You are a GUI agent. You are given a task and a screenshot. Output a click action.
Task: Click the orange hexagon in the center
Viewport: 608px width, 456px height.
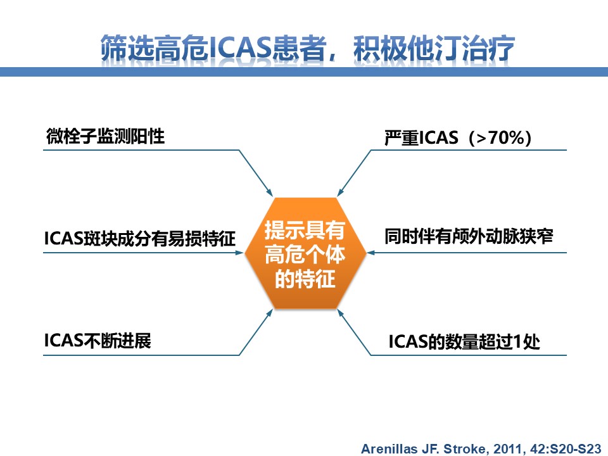[x=305, y=253]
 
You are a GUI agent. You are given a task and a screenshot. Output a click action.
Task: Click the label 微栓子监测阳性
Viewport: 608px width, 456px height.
[x=106, y=136]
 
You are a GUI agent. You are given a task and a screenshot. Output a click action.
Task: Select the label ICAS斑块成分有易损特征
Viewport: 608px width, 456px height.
[x=140, y=238]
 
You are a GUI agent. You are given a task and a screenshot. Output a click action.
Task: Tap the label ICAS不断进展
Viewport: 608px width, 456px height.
[x=98, y=341]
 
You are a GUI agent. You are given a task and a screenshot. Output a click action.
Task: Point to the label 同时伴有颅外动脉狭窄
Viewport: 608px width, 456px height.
[x=469, y=236]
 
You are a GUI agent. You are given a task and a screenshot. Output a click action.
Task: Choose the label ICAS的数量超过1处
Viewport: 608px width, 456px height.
[x=464, y=341]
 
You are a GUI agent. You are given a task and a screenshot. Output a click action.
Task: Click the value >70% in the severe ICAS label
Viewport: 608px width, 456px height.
[x=500, y=138]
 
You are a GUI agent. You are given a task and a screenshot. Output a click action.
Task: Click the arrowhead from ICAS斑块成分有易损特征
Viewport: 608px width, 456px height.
[x=240, y=253]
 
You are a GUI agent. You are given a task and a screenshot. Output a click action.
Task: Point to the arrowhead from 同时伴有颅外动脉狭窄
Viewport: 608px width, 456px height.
[x=370, y=253]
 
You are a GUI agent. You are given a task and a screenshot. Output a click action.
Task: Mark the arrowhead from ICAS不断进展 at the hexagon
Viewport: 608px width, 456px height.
[x=270, y=313]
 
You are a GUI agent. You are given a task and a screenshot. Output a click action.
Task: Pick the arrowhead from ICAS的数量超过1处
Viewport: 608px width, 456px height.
[x=341, y=313]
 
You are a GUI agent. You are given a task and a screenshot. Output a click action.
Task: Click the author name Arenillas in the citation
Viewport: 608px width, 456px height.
[x=389, y=448]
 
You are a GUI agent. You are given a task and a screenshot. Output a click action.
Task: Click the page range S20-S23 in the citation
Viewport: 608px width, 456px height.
[x=575, y=448]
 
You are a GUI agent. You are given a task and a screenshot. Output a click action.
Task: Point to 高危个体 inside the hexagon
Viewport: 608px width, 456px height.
[x=305, y=255]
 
